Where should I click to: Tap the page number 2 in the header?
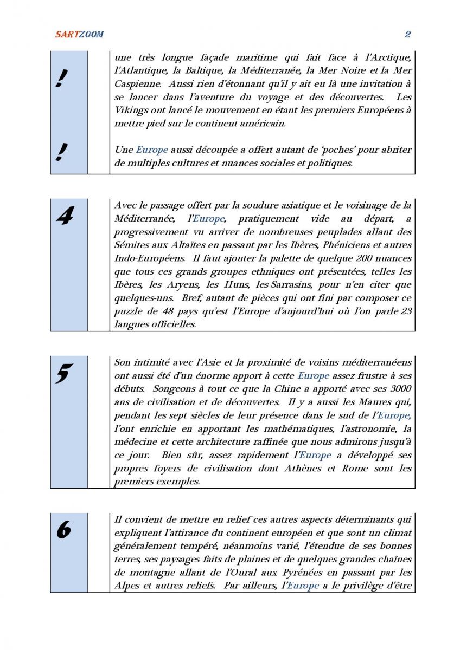pyautogui.click(x=407, y=35)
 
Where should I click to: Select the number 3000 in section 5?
pyautogui.click(x=399, y=388)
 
